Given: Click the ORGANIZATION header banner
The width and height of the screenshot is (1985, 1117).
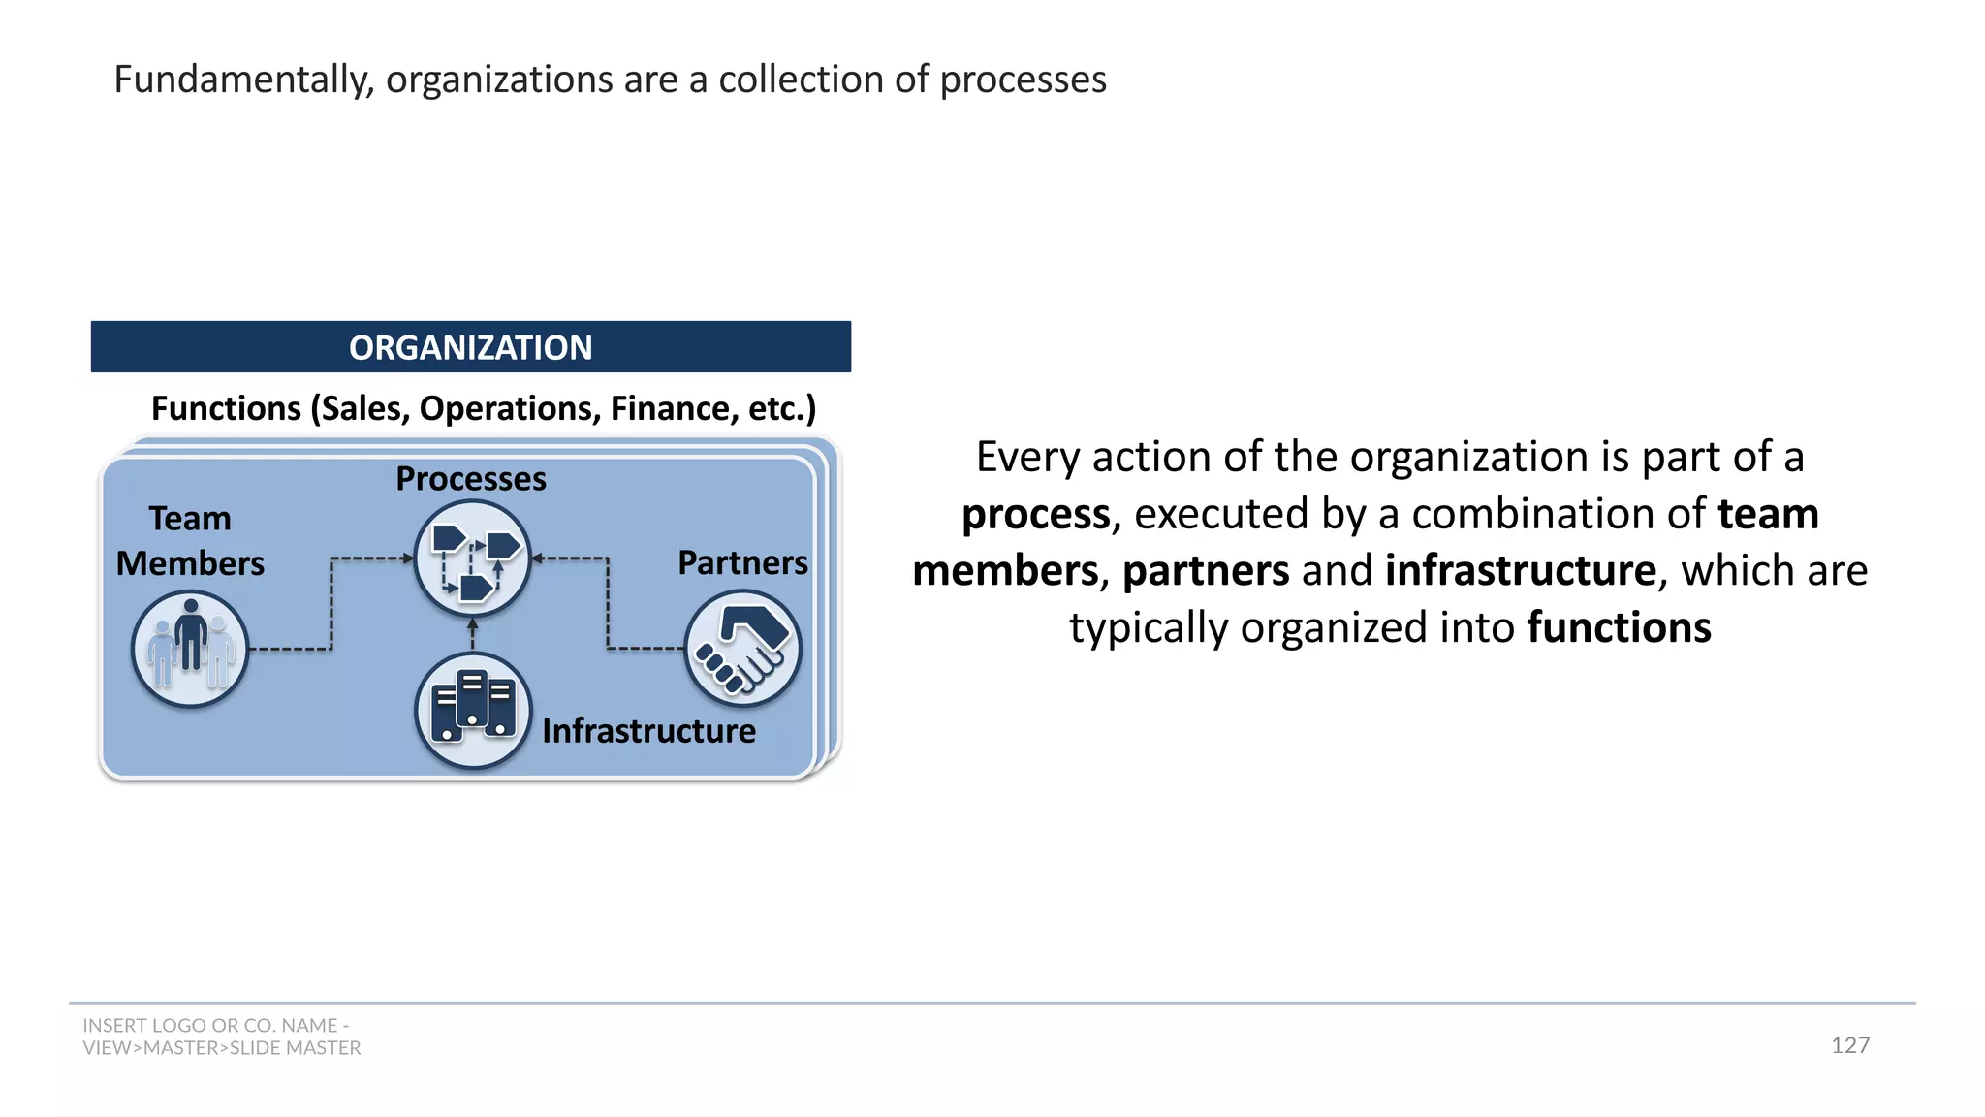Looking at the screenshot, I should [471, 347].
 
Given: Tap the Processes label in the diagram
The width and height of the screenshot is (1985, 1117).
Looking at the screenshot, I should [471, 479].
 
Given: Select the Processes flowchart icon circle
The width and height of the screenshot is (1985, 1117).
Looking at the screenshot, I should [472, 558].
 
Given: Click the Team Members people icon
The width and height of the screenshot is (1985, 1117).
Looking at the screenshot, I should [190, 649].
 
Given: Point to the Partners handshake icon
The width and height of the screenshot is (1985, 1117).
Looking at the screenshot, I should [743, 648].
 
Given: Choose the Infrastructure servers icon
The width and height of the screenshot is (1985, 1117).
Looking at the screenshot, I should [473, 711].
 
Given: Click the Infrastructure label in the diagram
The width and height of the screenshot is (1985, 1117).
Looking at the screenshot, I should [648, 731].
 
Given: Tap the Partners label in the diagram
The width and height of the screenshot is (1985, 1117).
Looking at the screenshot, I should [742, 563].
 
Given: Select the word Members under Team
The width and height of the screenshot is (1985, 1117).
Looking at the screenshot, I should [190, 564].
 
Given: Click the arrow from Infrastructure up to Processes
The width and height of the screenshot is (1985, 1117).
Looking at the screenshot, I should [473, 634].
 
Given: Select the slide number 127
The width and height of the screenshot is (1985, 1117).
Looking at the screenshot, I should [1849, 1045].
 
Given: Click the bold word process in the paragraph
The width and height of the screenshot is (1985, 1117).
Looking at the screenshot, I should [1035, 514].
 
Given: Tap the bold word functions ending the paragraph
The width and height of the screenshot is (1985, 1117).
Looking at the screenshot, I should [1619, 627].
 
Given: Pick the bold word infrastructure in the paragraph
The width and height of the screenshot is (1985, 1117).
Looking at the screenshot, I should [1520, 570].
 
